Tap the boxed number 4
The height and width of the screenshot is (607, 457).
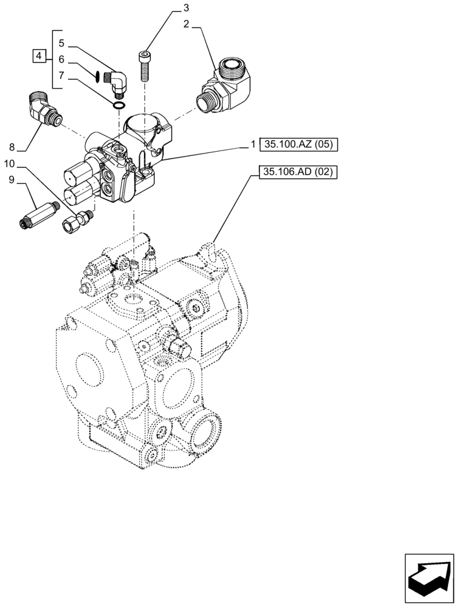point(39,56)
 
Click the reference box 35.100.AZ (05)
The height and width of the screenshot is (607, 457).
point(298,145)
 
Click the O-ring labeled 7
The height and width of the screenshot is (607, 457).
point(120,106)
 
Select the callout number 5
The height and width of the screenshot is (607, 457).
point(61,44)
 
